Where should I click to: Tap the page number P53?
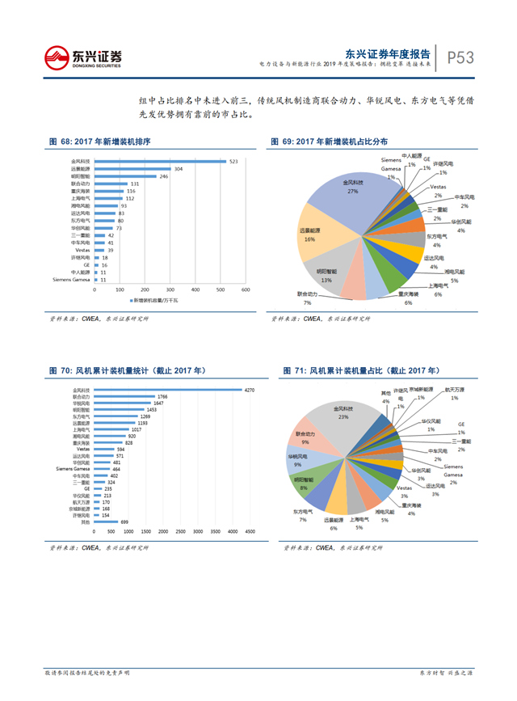(460, 56)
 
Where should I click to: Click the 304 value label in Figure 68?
(179, 169)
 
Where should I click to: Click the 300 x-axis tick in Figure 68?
(169, 289)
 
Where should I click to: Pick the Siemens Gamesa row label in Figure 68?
(73, 280)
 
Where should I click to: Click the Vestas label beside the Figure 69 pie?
(436, 184)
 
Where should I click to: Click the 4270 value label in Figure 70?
(250, 390)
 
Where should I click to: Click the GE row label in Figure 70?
(86, 488)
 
